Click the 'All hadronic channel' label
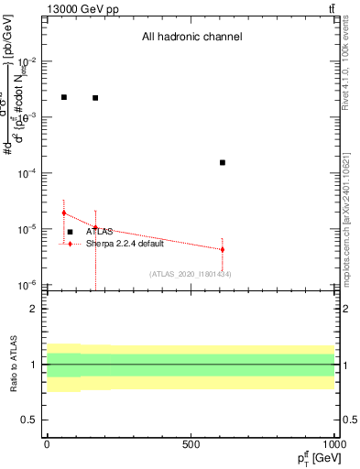tap(191, 38)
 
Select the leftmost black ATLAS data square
tap(64, 96)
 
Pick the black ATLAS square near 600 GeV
tap(223, 162)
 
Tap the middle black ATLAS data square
tap(95, 97)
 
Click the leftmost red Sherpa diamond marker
tap(64, 213)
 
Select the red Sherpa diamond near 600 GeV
tap(223, 249)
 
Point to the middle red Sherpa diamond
tap(95, 228)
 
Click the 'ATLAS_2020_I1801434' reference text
tap(190, 274)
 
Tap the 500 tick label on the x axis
tap(191, 444)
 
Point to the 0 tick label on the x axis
tap(47, 444)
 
